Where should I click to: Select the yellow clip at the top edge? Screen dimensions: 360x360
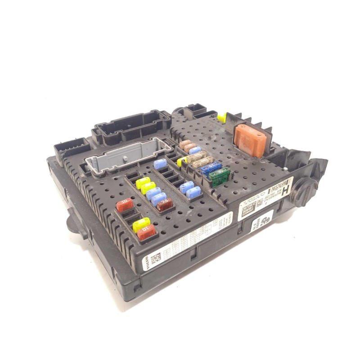coord(221,118)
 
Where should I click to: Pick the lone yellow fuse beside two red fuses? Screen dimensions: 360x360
coord(141,224)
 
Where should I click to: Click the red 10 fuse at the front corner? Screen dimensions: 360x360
coord(147,233)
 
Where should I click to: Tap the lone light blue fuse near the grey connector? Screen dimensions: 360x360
coord(160,164)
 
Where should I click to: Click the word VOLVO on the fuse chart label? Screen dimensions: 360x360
coord(147,265)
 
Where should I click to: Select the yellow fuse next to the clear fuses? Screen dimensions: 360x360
coord(181,161)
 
